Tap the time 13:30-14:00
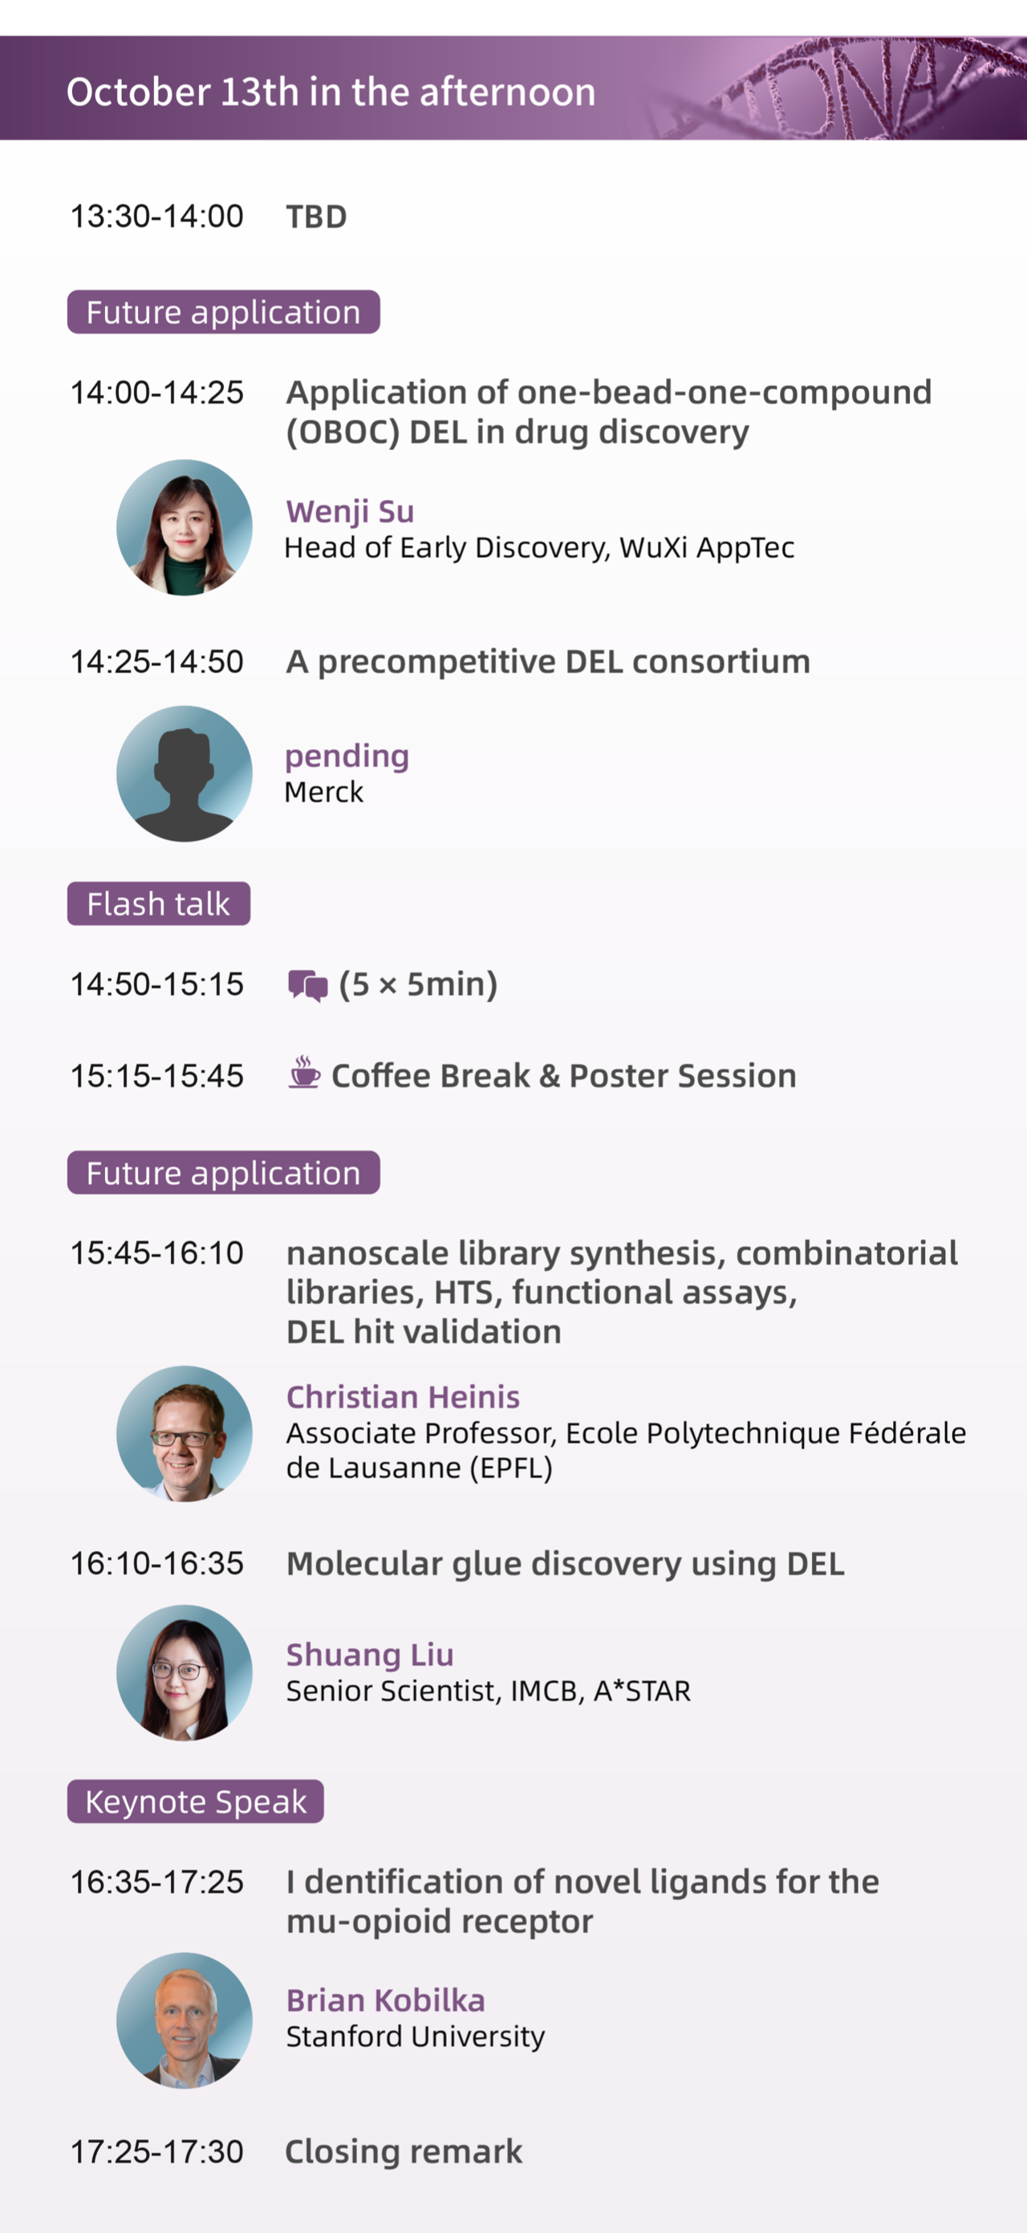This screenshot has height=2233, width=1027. click(x=157, y=217)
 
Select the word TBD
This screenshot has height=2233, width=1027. click(x=316, y=217)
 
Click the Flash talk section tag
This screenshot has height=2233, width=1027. click(x=159, y=903)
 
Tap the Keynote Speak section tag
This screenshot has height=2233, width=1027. click(x=196, y=1801)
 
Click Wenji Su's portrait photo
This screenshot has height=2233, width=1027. click(x=185, y=527)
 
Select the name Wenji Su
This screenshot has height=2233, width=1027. click(x=350, y=511)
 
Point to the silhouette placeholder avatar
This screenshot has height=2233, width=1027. click(x=185, y=773)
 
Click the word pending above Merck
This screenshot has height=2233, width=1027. click(x=347, y=757)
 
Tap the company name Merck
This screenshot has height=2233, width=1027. click(x=324, y=792)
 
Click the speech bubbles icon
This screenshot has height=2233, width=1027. click(x=307, y=985)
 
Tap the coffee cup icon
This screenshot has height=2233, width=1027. click(x=304, y=1072)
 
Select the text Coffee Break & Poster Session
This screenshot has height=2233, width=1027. click(x=563, y=1076)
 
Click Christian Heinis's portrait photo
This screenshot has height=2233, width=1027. click(x=185, y=1434)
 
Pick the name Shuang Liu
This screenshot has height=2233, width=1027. click(x=370, y=1654)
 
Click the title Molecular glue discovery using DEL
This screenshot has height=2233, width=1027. click(x=565, y=1564)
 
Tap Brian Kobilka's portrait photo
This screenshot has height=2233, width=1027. click(x=185, y=2020)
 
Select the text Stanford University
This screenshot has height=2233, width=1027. click(x=416, y=2036)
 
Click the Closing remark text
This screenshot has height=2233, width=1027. click(x=404, y=2151)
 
